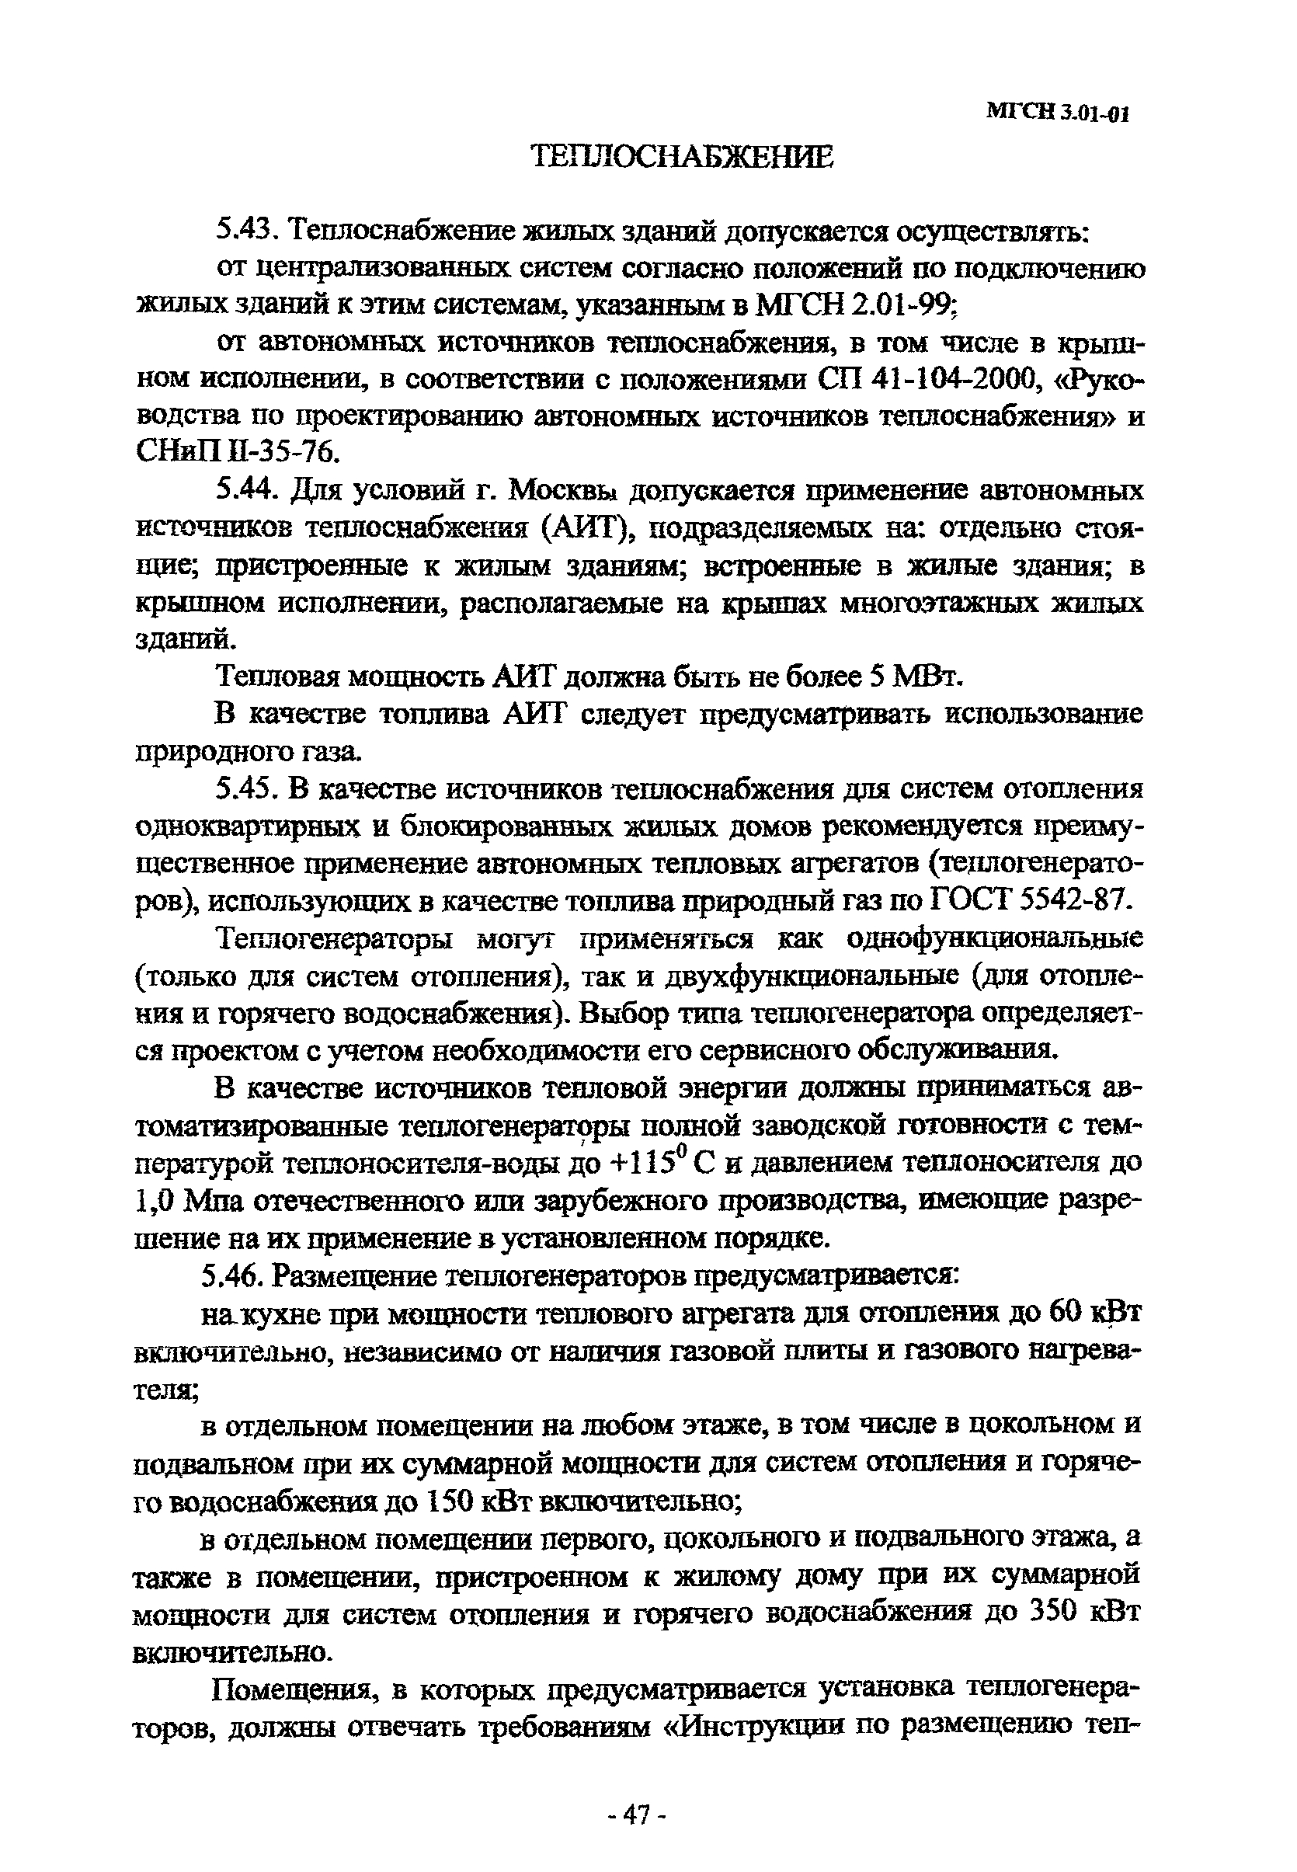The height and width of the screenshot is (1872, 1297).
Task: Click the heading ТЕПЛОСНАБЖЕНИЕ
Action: tap(683, 157)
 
